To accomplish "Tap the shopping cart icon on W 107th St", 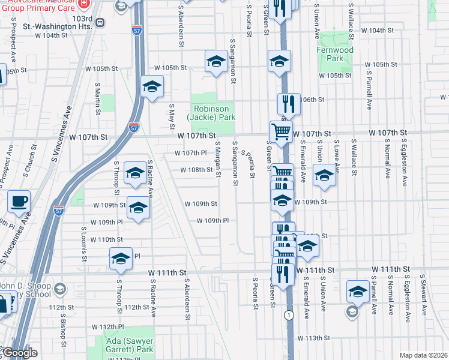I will point(281,131).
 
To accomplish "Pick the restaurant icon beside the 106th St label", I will point(289,104).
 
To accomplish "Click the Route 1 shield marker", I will point(290,314).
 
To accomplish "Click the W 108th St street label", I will point(197,170).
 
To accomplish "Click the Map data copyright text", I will point(424,355).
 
